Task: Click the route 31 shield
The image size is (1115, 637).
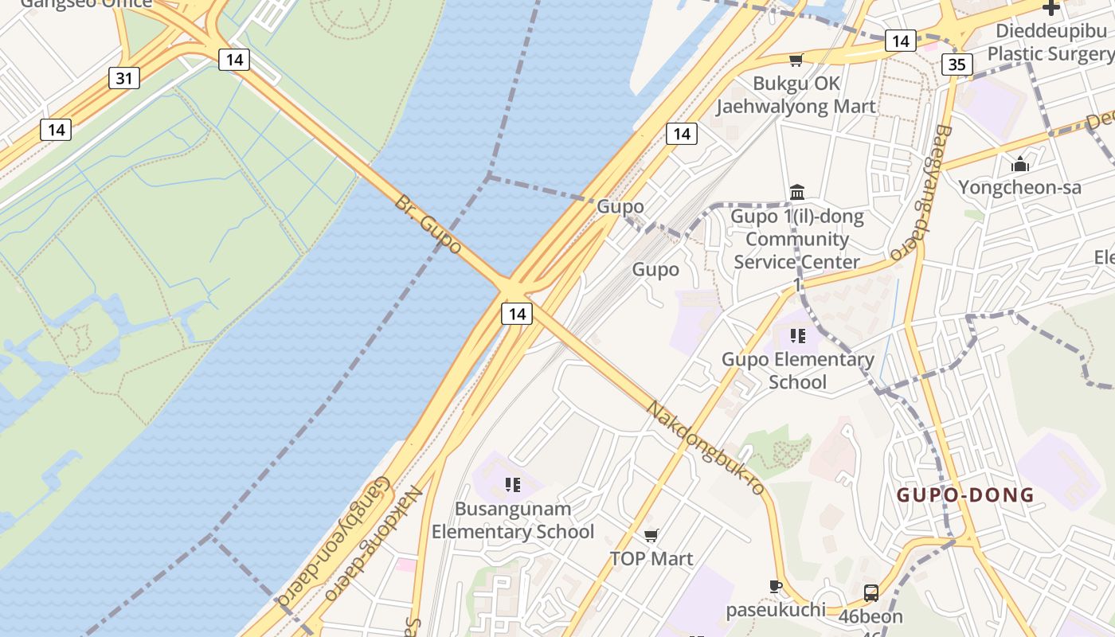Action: pyautogui.click(x=123, y=78)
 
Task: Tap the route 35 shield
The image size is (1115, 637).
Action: pyautogui.click(x=957, y=64)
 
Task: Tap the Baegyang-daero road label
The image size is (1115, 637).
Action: pyautogui.click(x=920, y=193)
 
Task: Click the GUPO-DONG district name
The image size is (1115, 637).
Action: pyautogui.click(x=965, y=495)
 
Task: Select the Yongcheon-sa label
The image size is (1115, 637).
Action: pyautogui.click(x=1019, y=188)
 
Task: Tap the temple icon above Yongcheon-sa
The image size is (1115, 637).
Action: pyautogui.click(x=1020, y=165)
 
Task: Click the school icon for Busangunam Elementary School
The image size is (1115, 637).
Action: pyautogui.click(x=513, y=484)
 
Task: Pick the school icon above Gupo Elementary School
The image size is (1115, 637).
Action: pyautogui.click(x=797, y=335)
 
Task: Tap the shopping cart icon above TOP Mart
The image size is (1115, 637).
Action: pyautogui.click(x=651, y=535)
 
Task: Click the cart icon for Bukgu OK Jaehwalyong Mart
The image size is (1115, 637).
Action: pyautogui.click(x=795, y=61)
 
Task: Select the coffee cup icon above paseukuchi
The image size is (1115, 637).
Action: pyautogui.click(x=775, y=587)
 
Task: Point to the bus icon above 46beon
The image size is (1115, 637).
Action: pyautogui.click(x=871, y=592)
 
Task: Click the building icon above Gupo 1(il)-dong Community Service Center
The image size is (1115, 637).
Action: pyautogui.click(x=797, y=192)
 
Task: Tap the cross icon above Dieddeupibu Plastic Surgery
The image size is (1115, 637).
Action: pyautogui.click(x=1051, y=8)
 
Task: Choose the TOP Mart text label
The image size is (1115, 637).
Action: pyautogui.click(x=651, y=559)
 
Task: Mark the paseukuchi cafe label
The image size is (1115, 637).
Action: pyautogui.click(x=775, y=611)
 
